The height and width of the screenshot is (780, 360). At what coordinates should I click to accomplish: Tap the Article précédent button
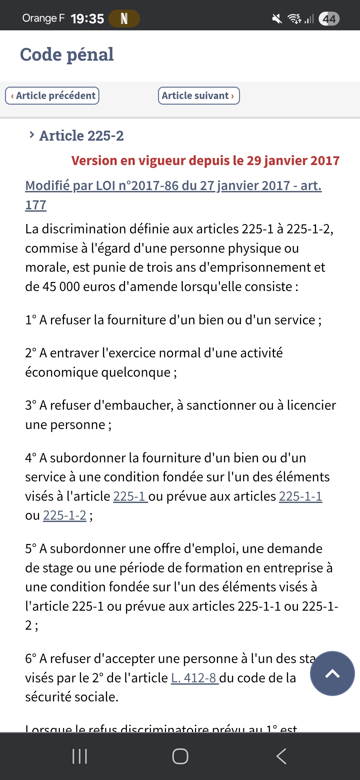(52, 96)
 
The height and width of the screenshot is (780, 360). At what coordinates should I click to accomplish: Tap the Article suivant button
(199, 96)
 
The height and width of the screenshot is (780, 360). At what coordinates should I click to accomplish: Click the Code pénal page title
(67, 55)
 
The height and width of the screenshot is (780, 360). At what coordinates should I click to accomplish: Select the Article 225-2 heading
(81, 136)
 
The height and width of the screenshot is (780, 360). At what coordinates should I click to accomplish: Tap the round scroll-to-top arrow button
(332, 673)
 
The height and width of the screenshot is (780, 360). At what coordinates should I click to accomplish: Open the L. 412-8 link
(194, 678)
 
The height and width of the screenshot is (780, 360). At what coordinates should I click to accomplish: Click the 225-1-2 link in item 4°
(65, 515)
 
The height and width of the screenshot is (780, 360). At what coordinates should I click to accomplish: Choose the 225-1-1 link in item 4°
(300, 496)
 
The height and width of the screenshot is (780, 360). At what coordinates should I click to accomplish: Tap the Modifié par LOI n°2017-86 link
(173, 186)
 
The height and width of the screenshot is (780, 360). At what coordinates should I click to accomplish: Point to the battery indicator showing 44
(329, 19)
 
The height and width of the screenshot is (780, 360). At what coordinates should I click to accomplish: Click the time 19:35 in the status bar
(87, 19)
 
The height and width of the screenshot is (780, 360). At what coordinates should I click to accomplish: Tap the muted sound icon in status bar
(277, 19)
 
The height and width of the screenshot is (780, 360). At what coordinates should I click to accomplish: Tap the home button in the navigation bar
(180, 756)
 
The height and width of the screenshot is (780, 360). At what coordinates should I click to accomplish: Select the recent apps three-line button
(80, 756)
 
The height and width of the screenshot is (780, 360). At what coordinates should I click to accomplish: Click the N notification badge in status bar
(124, 19)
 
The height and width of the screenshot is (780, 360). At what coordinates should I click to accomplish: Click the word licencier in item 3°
(311, 405)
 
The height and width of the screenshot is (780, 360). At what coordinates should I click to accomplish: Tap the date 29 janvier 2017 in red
(293, 161)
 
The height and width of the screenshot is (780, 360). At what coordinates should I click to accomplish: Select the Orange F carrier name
(43, 18)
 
